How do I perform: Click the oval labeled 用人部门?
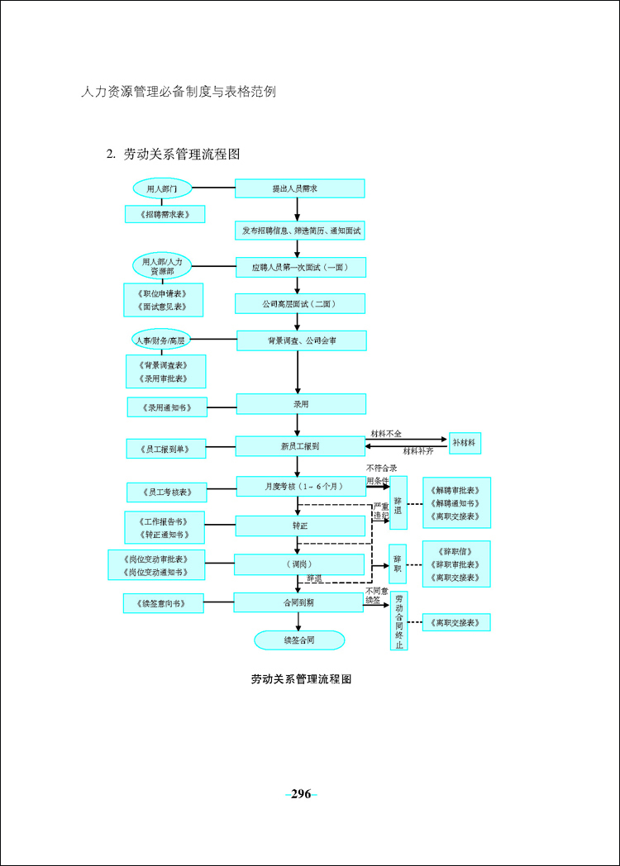162,188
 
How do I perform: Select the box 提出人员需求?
300,188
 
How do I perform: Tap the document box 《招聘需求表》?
165,214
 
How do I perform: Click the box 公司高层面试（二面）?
300,304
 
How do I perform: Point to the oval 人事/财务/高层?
161,340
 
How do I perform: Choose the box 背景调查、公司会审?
301,340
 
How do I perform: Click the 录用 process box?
301,404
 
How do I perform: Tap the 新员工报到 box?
300,446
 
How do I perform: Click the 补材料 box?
465,444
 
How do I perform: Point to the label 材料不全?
386,432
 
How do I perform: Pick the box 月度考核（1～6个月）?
301,487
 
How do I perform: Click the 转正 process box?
300,525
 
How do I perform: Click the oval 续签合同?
299,640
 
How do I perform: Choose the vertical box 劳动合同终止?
399,621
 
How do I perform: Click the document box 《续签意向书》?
164,603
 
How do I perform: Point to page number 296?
301,794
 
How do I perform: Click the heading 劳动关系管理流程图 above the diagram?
181,154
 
